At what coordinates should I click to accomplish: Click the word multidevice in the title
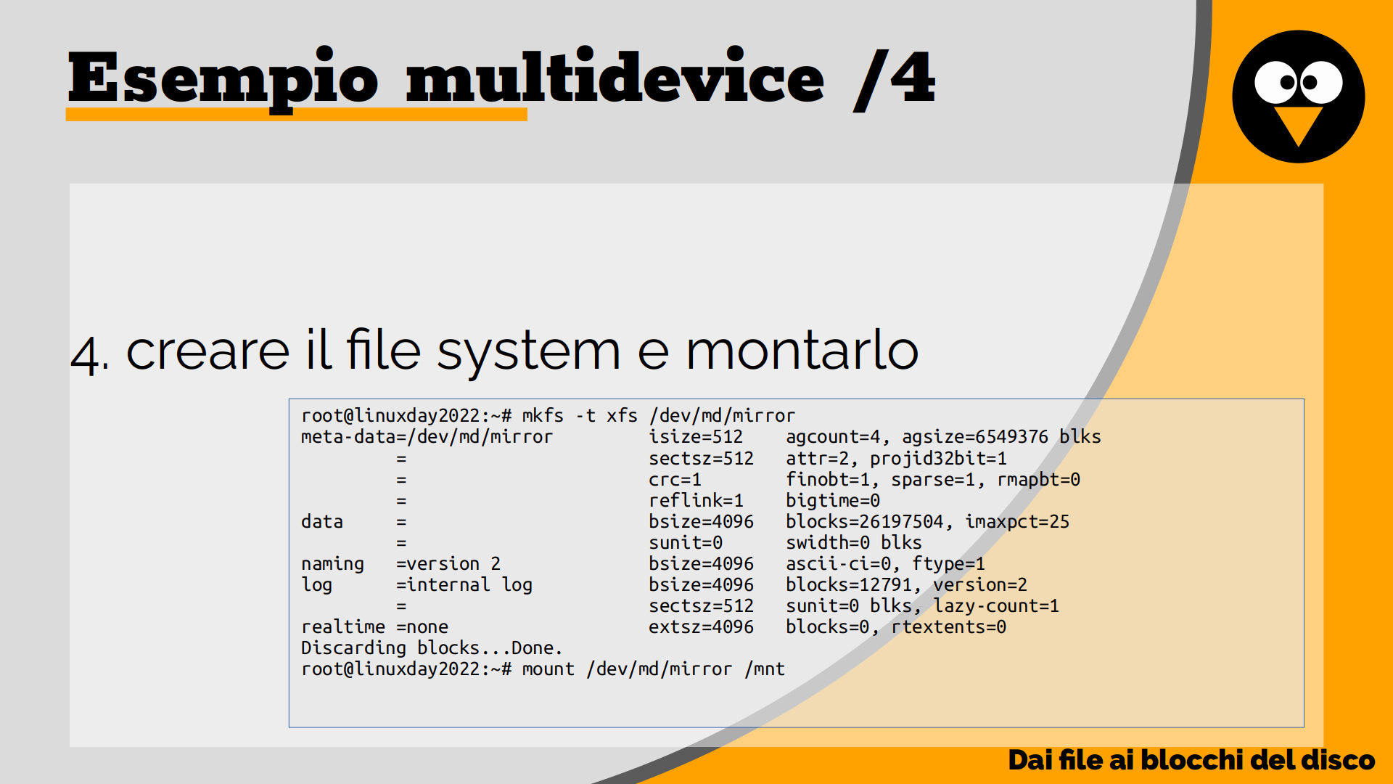click(x=615, y=75)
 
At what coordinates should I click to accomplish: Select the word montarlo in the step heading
click(x=802, y=350)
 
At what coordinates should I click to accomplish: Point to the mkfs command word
click(x=543, y=415)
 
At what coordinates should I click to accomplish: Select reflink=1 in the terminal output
click(x=696, y=500)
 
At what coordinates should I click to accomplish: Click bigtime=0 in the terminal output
click(x=833, y=501)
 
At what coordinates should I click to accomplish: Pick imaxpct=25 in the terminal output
click(x=1017, y=521)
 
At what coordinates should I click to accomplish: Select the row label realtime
click(x=343, y=626)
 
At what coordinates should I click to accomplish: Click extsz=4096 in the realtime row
click(x=701, y=626)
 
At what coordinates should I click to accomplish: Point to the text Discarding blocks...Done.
click(x=432, y=648)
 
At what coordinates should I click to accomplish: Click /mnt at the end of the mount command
click(x=765, y=669)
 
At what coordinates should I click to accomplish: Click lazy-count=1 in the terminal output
click(x=996, y=606)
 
